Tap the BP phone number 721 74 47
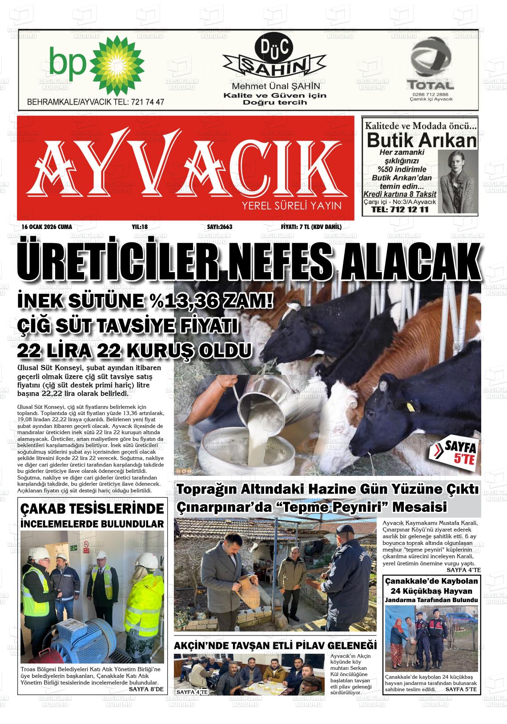pyautogui.click(x=146, y=102)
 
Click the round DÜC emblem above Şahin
pyautogui.click(x=268, y=48)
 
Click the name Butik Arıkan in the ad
pyautogui.click(x=421, y=141)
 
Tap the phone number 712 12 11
pyautogui.click(x=400, y=209)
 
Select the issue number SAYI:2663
pyautogui.click(x=220, y=227)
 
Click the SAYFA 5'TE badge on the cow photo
pyautogui.click(x=454, y=452)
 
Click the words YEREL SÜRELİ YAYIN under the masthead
pyautogui.click(x=291, y=205)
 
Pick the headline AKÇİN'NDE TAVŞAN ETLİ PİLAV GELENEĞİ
pyautogui.click(x=275, y=645)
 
